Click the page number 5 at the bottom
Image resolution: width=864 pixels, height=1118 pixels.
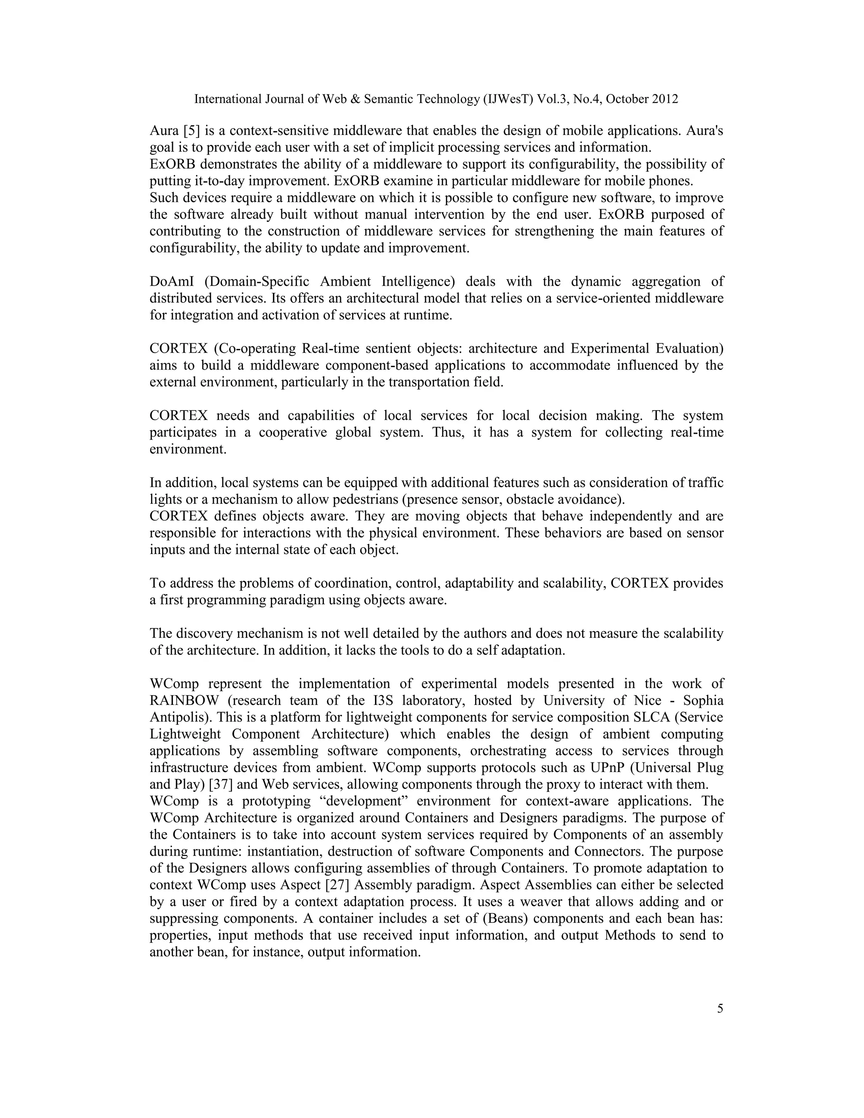click(x=720, y=1009)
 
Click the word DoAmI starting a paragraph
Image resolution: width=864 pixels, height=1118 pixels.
click(x=168, y=281)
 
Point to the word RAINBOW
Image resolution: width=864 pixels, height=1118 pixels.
click(x=180, y=701)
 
